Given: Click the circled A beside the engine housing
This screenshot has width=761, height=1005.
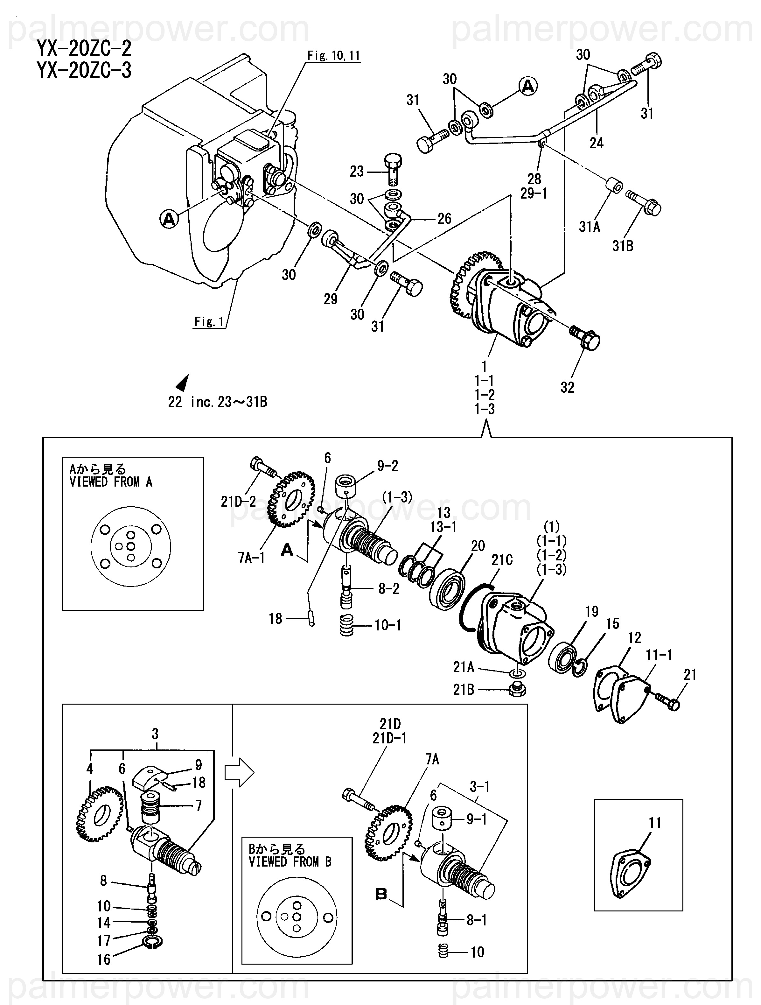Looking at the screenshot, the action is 169,220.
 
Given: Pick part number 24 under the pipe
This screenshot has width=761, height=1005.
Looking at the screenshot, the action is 596,143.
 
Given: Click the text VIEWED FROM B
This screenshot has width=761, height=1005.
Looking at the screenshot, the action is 290,861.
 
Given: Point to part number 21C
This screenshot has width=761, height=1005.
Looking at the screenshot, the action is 502,560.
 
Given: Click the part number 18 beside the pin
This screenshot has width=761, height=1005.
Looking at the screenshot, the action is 275,618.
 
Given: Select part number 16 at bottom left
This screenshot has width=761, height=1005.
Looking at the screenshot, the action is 104,959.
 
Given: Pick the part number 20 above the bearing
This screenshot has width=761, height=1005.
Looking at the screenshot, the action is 478,546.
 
